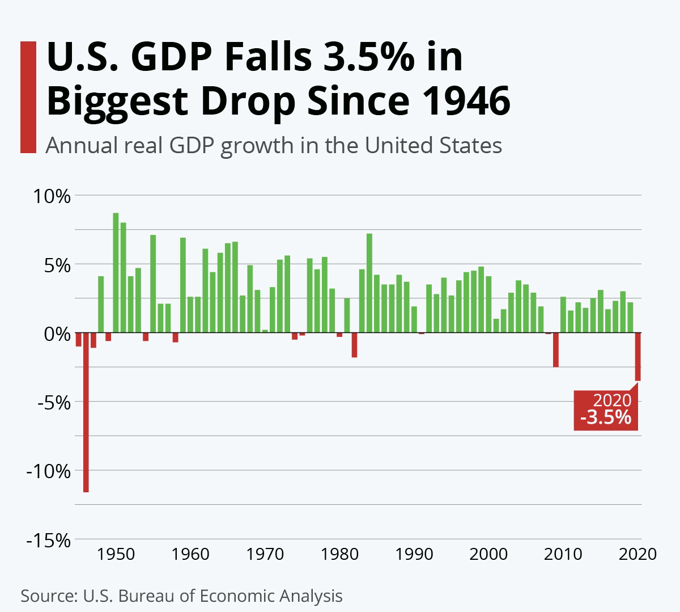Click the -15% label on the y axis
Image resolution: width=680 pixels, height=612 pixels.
pos(48,541)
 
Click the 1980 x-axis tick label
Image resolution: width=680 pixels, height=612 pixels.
pos(339,554)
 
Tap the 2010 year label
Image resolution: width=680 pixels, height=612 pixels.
pos(563,554)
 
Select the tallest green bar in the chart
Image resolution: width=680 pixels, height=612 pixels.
pos(116,272)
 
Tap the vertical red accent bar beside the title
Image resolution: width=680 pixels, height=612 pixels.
pos(28,97)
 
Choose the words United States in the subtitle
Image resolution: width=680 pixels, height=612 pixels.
pos(433,146)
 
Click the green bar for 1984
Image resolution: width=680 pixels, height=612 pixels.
pos(369,282)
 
